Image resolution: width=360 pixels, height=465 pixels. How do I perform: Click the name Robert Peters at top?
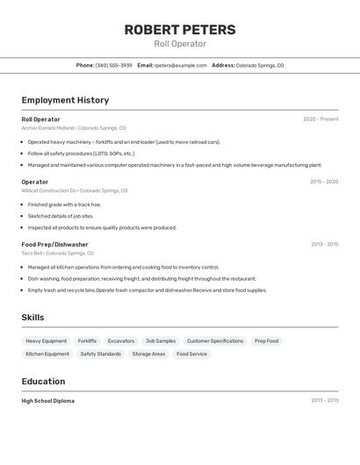(x=179, y=29)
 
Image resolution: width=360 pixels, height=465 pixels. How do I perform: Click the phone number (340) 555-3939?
(x=114, y=65)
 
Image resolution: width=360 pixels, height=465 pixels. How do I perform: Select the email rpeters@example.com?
(x=181, y=65)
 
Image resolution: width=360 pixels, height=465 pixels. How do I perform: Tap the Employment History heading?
(x=65, y=100)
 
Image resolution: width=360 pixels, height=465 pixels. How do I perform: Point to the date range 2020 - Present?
(x=320, y=119)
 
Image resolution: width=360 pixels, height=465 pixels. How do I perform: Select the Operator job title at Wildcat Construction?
(x=35, y=182)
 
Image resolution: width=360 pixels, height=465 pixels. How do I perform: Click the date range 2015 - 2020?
(x=324, y=182)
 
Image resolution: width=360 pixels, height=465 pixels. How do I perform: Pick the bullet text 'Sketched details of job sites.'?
(x=61, y=216)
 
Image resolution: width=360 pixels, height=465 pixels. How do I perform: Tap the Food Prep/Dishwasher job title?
(x=54, y=244)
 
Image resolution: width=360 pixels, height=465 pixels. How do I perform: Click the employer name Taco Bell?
(x=32, y=253)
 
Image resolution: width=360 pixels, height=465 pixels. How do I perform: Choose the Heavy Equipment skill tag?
(x=46, y=340)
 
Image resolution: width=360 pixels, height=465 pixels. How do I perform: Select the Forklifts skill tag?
(x=87, y=340)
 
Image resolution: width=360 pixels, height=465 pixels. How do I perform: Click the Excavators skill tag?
(x=121, y=340)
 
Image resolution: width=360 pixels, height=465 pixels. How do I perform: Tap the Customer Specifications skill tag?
(x=215, y=340)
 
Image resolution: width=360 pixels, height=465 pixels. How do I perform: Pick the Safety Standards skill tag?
(x=101, y=354)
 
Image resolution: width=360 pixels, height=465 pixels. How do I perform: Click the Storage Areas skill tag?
(x=148, y=354)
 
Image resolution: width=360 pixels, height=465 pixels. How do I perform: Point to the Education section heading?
(x=43, y=381)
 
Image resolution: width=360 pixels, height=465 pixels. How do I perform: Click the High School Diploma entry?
(x=47, y=400)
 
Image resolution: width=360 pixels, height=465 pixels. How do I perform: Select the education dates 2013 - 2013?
(x=324, y=400)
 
